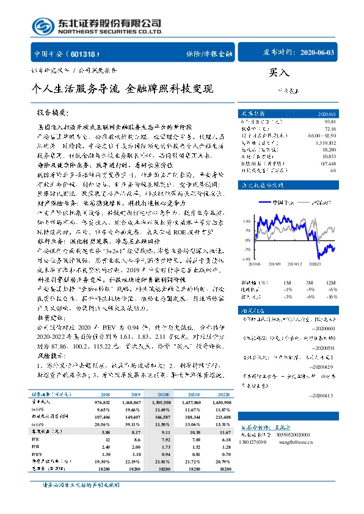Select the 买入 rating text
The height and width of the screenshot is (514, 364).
tap(277, 73)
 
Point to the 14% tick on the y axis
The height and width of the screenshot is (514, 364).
tap(247, 221)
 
